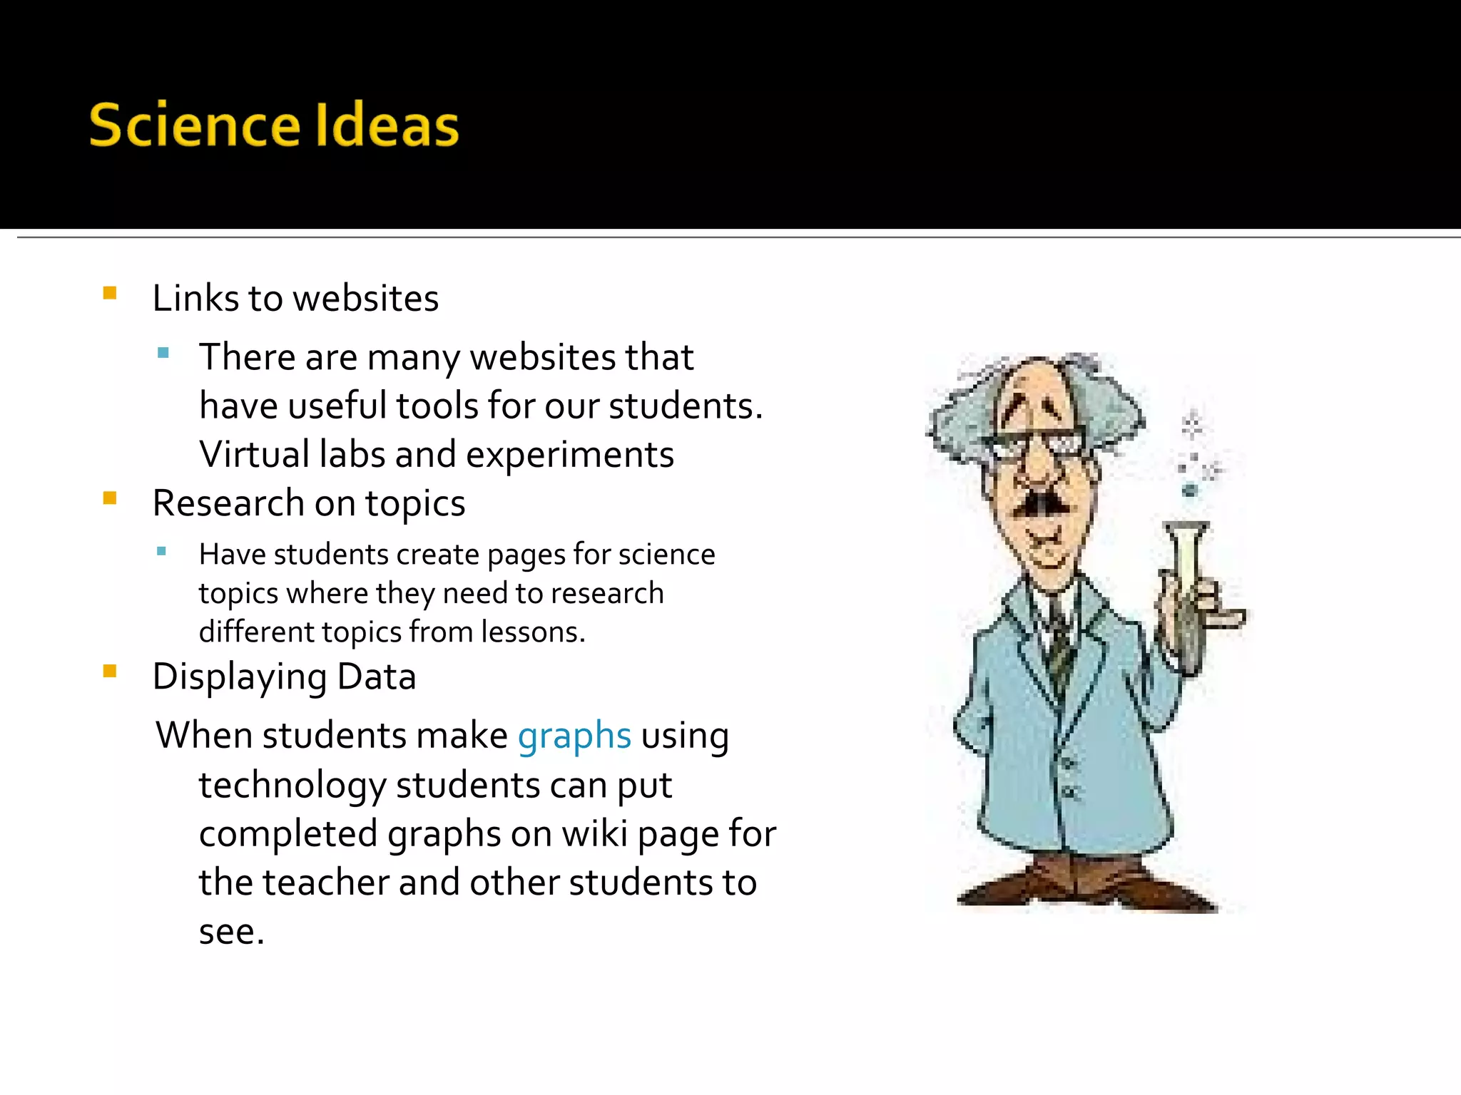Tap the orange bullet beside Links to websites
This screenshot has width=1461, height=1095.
[110, 293]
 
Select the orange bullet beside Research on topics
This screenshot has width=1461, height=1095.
[110, 498]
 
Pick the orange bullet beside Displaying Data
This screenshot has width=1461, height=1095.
[110, 671]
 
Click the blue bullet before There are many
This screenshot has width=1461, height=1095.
[163, 352]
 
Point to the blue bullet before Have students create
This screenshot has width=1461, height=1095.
[162, 550]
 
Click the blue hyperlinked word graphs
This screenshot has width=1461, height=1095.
[574, 736]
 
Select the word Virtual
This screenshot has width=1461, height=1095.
[255, 454]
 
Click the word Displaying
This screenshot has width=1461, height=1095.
[239, 677]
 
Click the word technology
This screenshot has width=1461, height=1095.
[292, 786]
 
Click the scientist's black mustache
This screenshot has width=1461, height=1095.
[1042, 502]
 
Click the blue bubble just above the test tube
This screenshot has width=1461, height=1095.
[1189, 490]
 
